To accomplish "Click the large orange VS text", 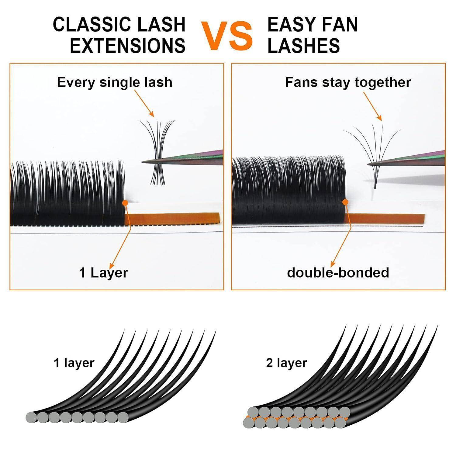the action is click(x=227, y=36).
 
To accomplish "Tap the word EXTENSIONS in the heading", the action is click(x=128, y=46).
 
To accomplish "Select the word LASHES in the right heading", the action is click(x=304, y=46).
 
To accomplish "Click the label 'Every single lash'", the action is click(x=115, y=82).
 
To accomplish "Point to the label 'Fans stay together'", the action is click(x=348, y=82).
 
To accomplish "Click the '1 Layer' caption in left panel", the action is click(x=104, y=273).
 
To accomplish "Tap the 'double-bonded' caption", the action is click(x=338, y=273).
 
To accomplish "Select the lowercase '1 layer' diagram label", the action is click(x=74, y=363).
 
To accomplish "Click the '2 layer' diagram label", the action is click(x=286, y=363).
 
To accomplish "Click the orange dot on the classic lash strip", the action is click(x=125, y=203).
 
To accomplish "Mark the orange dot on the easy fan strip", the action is click(x=345, y=202).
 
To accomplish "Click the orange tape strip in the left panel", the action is click(x=172, y=218).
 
